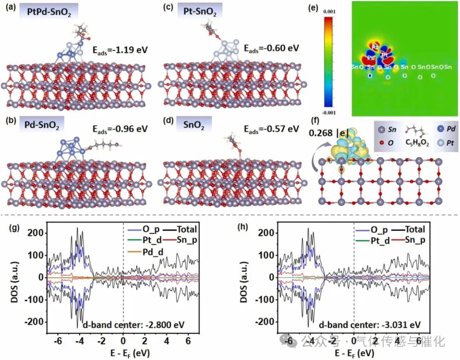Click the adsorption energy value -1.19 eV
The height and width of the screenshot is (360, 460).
pos(120,50)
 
